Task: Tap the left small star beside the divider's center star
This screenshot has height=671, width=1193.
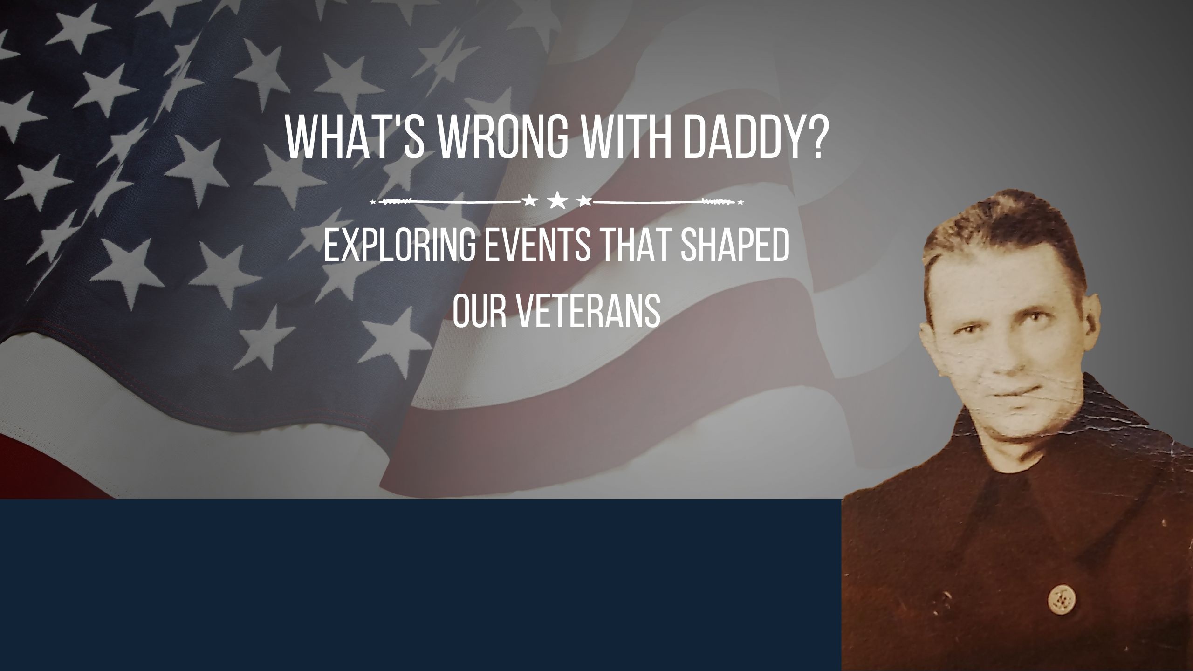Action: coord(530,201)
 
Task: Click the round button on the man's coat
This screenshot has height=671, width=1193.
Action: coord(1058,611)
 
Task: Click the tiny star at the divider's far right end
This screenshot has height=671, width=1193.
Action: coord(741,202)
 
